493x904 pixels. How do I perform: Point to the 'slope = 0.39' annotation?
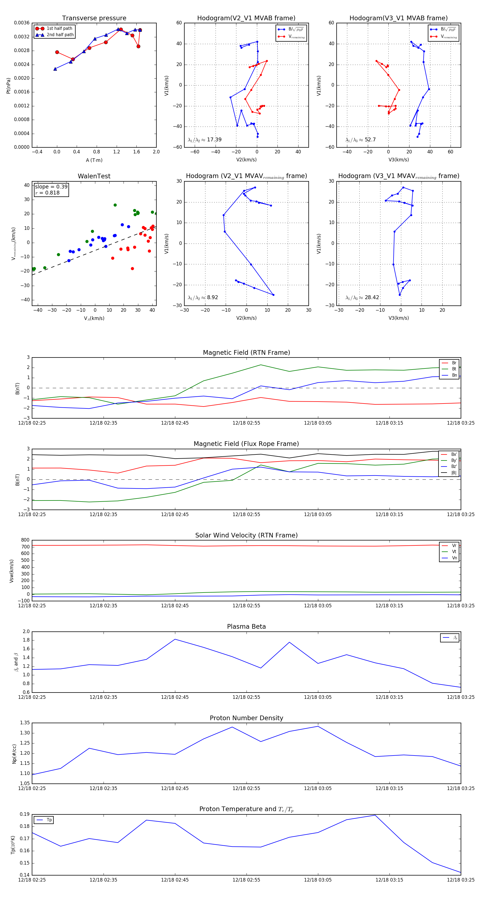51,187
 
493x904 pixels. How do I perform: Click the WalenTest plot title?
94,176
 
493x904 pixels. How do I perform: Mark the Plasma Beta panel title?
246,626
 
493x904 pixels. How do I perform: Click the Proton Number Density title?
246,718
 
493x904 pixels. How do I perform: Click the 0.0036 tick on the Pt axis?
21,23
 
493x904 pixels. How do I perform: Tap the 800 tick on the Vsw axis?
25,540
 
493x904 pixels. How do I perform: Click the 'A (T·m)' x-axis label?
94,160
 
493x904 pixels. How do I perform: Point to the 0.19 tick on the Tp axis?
25,814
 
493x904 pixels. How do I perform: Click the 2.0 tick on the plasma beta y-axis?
26,631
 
